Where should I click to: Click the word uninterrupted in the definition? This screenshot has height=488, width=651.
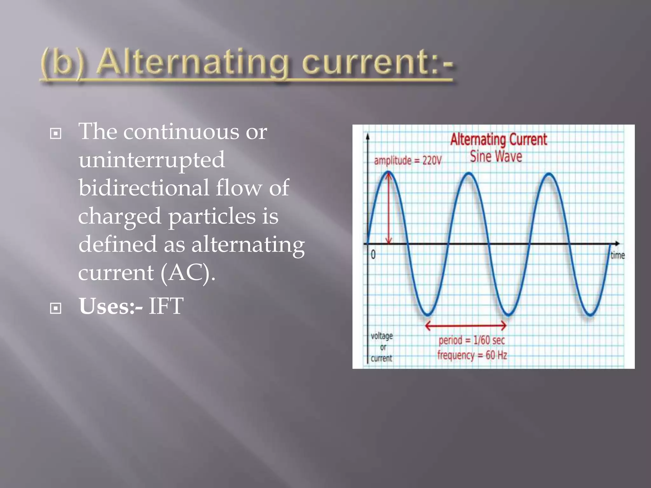[152, 160]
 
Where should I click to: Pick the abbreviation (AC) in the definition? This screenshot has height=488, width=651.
[188, 273]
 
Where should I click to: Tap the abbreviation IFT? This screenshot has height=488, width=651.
[166, 306]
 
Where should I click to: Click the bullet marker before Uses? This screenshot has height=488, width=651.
[56, 308]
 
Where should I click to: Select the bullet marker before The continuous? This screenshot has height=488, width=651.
[56, 133]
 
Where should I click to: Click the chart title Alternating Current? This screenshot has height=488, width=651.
[498, 140]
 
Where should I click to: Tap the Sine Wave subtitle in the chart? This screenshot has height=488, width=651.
[496, 157]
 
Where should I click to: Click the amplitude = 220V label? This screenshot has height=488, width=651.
[408, 160]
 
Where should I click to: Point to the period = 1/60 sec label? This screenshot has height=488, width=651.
[471, 340]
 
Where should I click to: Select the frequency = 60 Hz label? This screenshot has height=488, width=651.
[472, 355]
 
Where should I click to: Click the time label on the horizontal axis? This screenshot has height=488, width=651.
[617, 255]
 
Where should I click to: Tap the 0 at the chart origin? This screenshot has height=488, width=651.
[373, 254]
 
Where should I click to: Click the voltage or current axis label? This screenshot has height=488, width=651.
[382, 347]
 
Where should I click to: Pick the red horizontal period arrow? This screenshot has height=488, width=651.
[466, 325]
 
